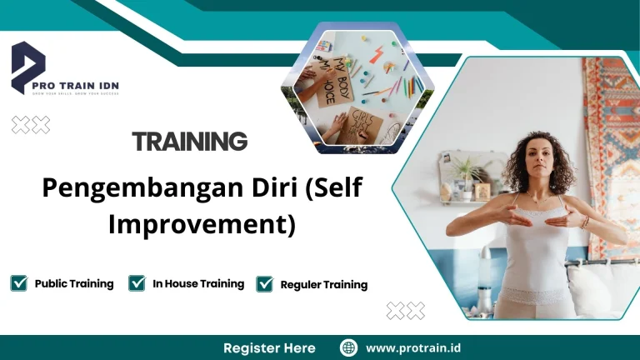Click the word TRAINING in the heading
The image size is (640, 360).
point(189,142)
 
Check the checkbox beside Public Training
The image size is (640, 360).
point(19,283)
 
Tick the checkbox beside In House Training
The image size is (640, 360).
point(137,283)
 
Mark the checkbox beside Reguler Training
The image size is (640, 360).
point(265,284)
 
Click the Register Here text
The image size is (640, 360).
point(269,347)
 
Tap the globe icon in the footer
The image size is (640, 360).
point(348,347)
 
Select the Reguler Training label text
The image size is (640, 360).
point(323,285)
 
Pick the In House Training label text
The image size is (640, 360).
point(198,284)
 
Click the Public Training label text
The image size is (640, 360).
point(74,284)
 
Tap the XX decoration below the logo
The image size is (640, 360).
point(30,125)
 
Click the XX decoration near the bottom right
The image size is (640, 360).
point(406,311)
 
